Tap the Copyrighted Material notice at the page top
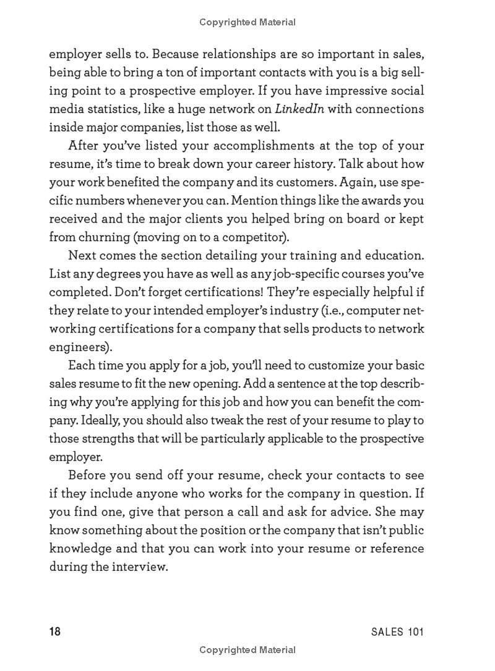coord(247,22)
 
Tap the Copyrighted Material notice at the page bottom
coord(247,649)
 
